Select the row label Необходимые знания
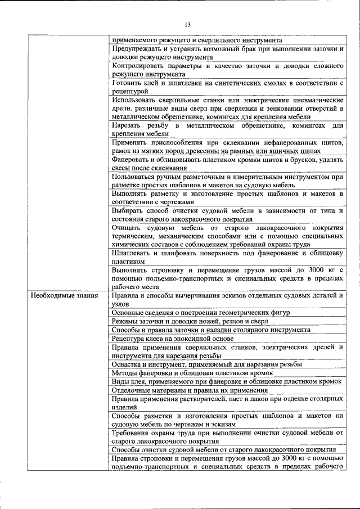point(65,295)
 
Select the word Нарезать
point(127,124)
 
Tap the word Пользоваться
point(137,176)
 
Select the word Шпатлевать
point(136,253)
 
